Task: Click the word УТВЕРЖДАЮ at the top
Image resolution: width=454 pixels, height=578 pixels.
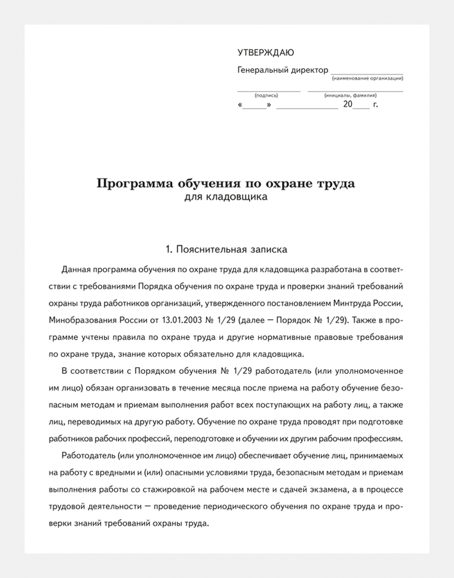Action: coord(265,53)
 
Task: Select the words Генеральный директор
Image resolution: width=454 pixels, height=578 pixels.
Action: coord(283,70)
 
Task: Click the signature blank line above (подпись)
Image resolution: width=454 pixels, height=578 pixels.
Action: coord(268,91)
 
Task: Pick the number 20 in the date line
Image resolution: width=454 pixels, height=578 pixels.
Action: coord(348,104)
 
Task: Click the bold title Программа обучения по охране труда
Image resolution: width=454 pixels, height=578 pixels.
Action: coord(225,184)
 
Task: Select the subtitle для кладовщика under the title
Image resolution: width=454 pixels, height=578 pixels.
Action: coord(225,198)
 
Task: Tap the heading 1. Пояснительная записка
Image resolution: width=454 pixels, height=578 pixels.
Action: coord(225,247)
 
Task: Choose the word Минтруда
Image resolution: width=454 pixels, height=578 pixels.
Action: coord(351,302)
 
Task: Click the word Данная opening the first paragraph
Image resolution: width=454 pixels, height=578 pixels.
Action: coord(76,268)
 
